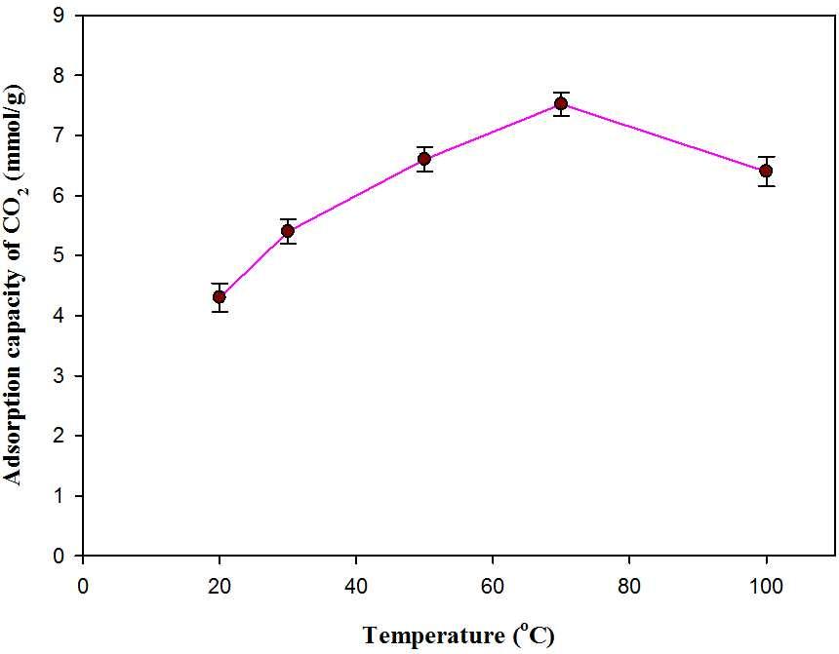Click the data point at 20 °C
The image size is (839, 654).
click(x=220, y=296)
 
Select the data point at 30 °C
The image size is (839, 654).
click(x=288, y=231)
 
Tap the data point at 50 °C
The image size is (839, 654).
click(x=424, y=159)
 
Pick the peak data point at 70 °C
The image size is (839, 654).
click(x=561, y=103)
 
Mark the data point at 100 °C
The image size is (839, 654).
click(x=766, y=171)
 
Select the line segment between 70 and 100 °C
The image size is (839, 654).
click(x=663, y=136)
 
